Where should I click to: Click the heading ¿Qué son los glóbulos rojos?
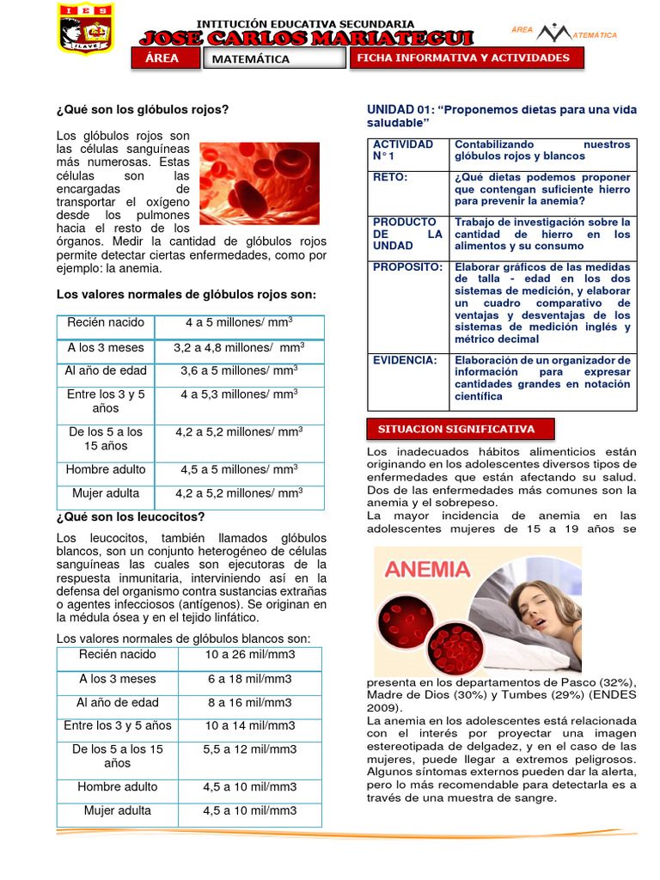coord(143,109)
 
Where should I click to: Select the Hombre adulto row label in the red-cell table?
coord(106,469)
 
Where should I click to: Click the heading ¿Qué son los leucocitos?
coord(131,516)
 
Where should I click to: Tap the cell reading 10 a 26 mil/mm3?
coord(250,655)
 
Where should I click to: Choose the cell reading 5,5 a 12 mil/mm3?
coord(250,749)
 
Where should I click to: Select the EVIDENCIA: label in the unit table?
coord(405,360)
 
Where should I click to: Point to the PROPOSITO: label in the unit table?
coord(407,267)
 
